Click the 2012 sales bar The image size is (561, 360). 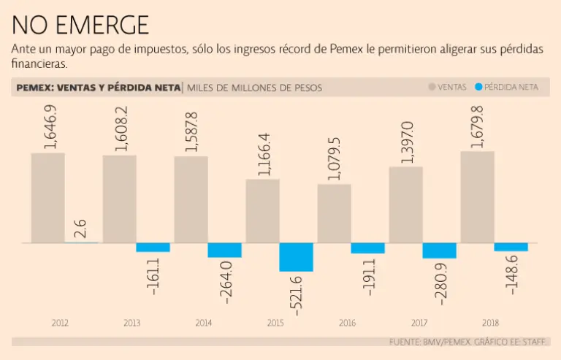click(47, 197)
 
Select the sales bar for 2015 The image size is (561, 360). click(262, 210)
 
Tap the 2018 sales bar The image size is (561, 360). click(477, 196)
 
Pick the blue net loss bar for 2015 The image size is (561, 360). click(296, 257)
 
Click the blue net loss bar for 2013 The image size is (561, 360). click(153, 248)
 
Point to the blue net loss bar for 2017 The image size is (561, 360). click(439, 250)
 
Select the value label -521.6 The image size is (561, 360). click(297, 294)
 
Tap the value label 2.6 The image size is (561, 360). click(81, 228)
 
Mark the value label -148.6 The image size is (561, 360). click(511, 274)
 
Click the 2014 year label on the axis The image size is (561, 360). click(203, 323)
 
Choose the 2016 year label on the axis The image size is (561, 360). click(347, 323)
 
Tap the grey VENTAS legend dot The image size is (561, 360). click(432, 87)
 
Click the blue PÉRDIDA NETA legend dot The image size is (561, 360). click(478, 87)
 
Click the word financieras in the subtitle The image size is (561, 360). click(39, 64)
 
